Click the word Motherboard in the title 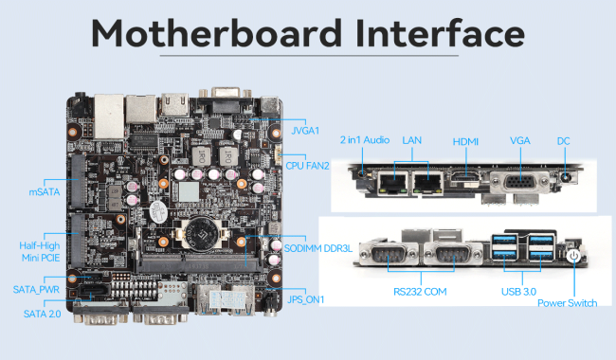point(217,33)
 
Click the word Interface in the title point(441,33)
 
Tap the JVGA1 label point(305,131)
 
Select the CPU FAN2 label point(307,166)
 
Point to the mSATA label point(45,192)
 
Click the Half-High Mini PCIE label point(40,252)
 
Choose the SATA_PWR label point(36,290)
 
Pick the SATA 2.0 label point(42,314)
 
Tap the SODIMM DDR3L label point(318,248)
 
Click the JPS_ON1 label point(306,299)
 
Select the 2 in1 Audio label point(365,140)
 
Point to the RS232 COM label point(420,292)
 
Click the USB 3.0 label point(518,292)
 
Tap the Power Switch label point(568,303)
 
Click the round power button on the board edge point(573,256)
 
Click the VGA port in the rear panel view point(519,182)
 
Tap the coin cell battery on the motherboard point(201,234)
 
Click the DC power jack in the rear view point(566,177)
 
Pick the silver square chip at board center point(189,191)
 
